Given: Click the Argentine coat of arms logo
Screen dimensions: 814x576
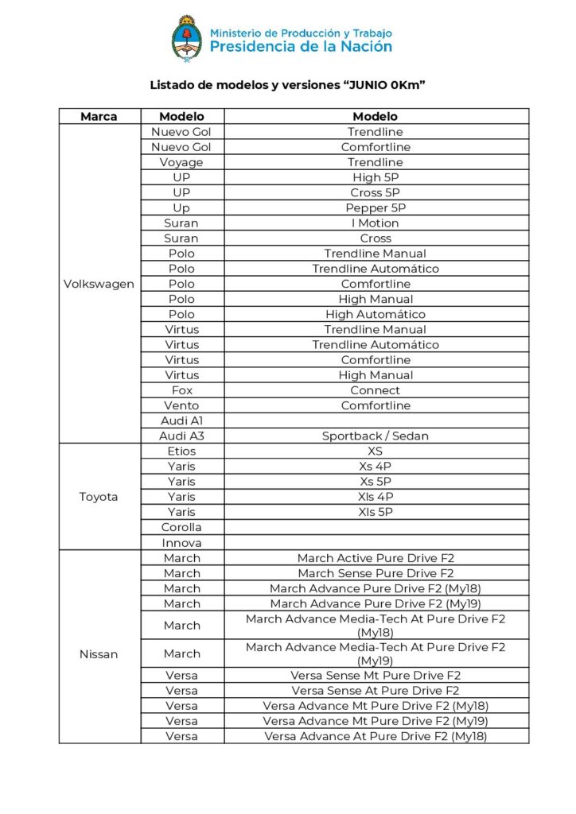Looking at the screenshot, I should click(187, 39).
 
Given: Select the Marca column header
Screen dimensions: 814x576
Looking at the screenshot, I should click(99, 116).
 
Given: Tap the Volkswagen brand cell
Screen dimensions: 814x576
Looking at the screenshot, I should click(99, 284).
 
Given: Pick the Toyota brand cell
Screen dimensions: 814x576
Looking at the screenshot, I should click(99, 497).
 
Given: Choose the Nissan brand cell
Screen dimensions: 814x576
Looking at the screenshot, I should click(99, 654).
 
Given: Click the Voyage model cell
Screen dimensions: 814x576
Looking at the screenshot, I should click(181, 162).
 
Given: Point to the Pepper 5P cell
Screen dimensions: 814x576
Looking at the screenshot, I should click(376, 208).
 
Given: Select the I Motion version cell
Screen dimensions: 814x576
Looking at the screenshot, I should click(376, 223).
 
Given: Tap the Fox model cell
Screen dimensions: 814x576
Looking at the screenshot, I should click(181, 390).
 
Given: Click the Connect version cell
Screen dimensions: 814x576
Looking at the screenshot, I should click(376, 390).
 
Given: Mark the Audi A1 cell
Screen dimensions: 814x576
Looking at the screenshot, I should click(181, 421).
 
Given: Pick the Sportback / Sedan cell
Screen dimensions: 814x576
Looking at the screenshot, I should click(376, 436).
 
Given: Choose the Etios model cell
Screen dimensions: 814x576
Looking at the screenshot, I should click(181, 452).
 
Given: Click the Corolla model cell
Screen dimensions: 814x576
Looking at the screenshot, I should click(181, 527).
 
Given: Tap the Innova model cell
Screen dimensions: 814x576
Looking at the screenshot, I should click(181, 543).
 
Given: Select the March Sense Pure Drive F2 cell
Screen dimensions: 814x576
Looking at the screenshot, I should click(376, 573).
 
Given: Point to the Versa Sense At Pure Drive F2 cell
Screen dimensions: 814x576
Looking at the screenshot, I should click(376, 691).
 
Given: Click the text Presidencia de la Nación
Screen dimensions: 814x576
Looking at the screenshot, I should click(301, 47).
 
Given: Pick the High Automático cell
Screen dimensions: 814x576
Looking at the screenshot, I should click(376, 314).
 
